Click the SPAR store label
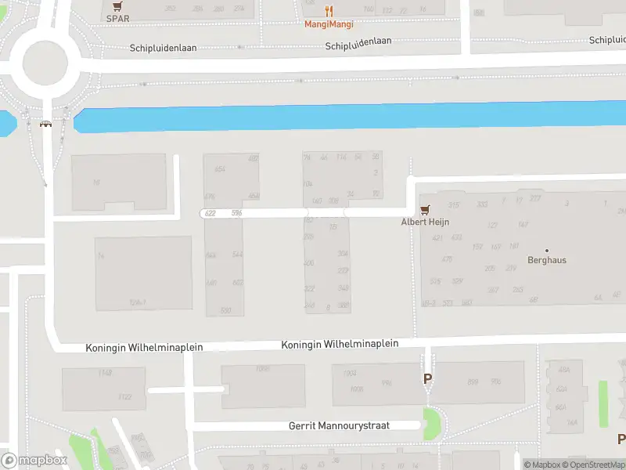tap(118, 18)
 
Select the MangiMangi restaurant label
tap(329, 24)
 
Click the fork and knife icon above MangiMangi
tap(329, 11)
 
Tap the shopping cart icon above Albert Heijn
tap(425, 209)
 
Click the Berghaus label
tap(547, 260)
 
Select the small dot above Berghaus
tap(547, 250)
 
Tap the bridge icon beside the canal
tap(46, 124)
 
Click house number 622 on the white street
tap(210, 213)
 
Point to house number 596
tap(236, 213)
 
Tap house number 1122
tap(125, 397)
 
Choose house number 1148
tap(106, 373)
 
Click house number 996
tap(386, 383)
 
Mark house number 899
tap(473, 381)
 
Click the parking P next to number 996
tap(427, 379)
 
